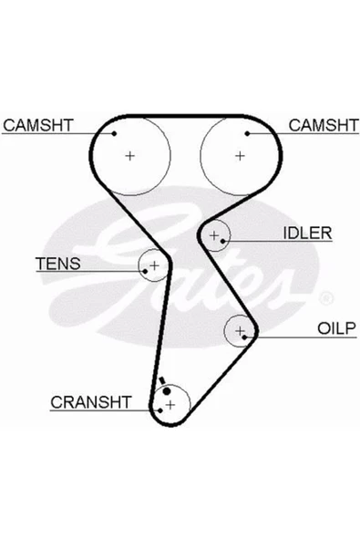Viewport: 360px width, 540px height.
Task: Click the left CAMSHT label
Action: (x=38, y=125)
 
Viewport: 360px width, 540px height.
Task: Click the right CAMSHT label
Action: (x=324, y=125)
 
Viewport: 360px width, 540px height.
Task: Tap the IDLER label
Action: (x=307, y=234)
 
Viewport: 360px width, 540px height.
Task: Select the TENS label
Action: (x=58, y=264)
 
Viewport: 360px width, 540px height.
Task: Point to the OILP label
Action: (x=336, y=328)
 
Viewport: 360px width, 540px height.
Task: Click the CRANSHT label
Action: (x=91, y=402)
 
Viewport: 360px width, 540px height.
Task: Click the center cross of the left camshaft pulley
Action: (x=129, y=156)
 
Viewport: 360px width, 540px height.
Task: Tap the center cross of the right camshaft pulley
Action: (x=240, y=156)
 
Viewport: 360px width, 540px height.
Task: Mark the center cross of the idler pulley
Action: (x=214, y=235)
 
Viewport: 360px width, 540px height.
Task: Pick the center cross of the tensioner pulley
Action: (x=155, y=265)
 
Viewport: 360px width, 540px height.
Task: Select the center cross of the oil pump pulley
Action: (x=240, y=331)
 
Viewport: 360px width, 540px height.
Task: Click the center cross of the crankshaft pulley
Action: (x=170, y=405)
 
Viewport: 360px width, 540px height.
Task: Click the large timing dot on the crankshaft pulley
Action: (x=167, y=391)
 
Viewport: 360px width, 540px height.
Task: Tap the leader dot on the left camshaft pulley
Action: (x=114, y=133)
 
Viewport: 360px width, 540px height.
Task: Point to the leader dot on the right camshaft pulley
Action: (x=247, y=133)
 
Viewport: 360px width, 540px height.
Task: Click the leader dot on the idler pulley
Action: (x=222, y=241)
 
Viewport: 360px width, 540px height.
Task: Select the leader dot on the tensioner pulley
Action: (x=145, y=272)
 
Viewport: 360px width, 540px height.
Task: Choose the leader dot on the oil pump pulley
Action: (x=244, y=337)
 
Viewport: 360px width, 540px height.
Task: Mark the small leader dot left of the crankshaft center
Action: (x=160, y=410)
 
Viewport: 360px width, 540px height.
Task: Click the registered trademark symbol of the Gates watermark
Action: (x=326, y=298)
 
